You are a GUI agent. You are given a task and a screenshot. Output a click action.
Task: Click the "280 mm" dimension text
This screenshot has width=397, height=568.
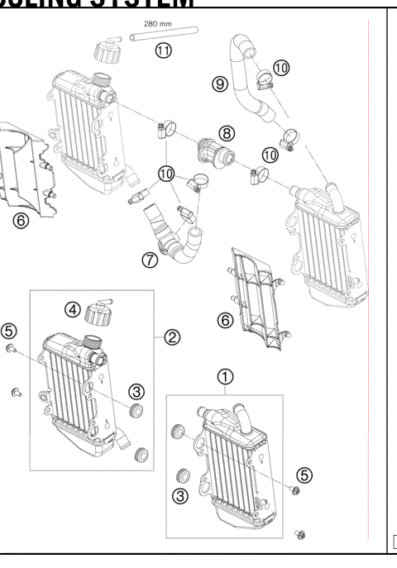157,25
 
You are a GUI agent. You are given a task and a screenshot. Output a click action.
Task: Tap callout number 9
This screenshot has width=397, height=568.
219,84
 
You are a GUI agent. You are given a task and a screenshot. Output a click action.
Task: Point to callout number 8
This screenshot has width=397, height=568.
226,132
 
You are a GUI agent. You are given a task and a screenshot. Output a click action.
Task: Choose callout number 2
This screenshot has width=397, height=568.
173,337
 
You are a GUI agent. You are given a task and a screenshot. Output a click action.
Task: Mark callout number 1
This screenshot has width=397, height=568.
224,376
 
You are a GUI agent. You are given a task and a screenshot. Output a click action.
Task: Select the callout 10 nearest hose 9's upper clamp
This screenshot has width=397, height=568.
280,67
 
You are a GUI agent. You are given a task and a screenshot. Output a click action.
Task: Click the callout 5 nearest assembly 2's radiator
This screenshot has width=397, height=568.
8,331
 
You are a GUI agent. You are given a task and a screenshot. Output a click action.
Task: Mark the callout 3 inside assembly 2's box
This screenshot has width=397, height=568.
136,391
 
